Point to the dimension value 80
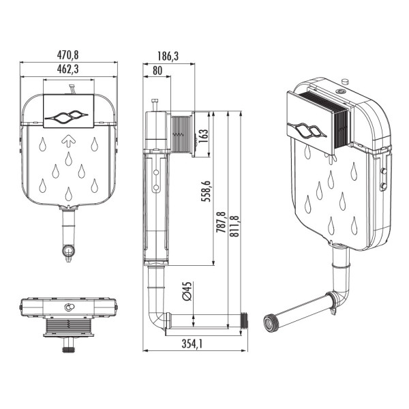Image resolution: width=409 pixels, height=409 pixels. pyautogui.click(x=157, y=70)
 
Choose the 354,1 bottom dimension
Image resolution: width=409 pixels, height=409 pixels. pyautogui.click(x=193, y=344)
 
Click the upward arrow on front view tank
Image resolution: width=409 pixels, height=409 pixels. pyautogui.click(x=68, y=141)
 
